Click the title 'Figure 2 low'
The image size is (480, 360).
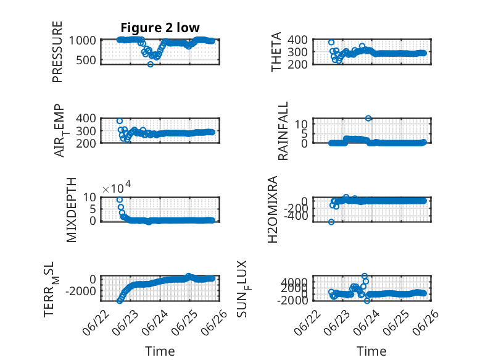click(160, 28)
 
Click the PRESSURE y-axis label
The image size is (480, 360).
click(57, 52)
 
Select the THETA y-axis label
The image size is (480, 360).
click(276, 52)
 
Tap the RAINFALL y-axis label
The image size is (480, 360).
click(283, 131)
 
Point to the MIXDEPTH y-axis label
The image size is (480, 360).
click(71, 210)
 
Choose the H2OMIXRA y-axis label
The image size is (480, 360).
click(273, 209)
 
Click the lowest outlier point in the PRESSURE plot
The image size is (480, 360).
click(151, 64)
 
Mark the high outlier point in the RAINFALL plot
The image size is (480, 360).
click(368, 119)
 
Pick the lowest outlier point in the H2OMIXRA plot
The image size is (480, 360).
click(331, 222)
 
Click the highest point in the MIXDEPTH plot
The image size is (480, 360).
click(120, 200)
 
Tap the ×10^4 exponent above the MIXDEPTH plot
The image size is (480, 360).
click(117, 188)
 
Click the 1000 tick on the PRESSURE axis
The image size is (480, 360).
click(82, 40)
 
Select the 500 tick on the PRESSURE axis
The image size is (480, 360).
click(86, 61)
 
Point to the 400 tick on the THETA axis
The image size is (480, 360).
click(298, 40)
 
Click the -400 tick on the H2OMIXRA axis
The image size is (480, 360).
click(296, 216)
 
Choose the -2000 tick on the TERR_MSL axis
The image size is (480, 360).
click(81, 291)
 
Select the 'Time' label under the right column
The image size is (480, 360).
click(371, 351)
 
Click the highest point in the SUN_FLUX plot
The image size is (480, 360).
click(364, 276)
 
